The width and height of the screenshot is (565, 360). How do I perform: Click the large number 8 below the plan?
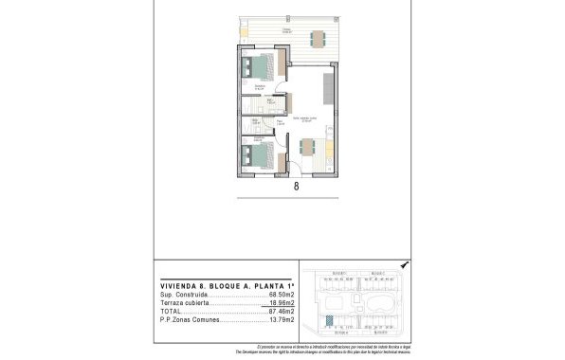click(297, 187)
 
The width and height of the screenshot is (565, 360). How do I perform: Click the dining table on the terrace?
click(317, 39)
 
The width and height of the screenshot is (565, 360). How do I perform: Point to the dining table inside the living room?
click(309, 148)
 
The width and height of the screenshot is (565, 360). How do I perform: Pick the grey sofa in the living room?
click(328, 87)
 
